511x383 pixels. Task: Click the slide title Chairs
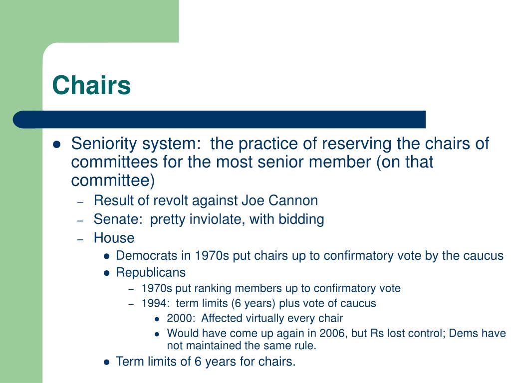point(91,85)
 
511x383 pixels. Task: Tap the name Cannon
point(293,200)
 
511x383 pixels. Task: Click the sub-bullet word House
point(114,238)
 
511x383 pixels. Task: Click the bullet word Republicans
point(151,273)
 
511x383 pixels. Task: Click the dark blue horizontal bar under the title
point(220,119)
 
